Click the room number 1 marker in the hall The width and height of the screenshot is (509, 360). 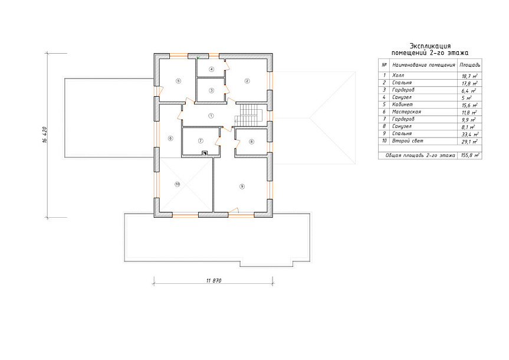point(211,116)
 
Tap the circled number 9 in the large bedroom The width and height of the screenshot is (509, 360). point(242,186)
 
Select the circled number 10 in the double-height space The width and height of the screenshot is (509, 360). point(178,184)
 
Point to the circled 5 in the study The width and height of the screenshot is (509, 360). point(178,81)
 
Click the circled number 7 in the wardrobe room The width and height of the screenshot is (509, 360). point(201,140)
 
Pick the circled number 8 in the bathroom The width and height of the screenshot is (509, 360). point(252,142)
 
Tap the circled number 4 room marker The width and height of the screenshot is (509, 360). point(212,69)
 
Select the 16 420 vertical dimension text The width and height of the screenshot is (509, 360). point(45,135)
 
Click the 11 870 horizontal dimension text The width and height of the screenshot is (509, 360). point(214,280)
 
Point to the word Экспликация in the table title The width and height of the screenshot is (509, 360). point(430,46)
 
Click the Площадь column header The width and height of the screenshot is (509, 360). point(469,65)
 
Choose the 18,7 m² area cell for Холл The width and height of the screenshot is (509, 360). point(469,76)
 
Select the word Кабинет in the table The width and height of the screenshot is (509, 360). point(402,104)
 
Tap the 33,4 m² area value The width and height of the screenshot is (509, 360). point(469,134)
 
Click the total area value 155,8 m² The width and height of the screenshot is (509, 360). point(469,156)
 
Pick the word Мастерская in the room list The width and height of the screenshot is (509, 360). point(406,112)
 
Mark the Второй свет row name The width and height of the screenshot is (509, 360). point(408,140)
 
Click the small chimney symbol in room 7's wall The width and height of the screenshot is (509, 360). point(205,153)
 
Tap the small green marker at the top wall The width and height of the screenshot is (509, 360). point(198,58)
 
